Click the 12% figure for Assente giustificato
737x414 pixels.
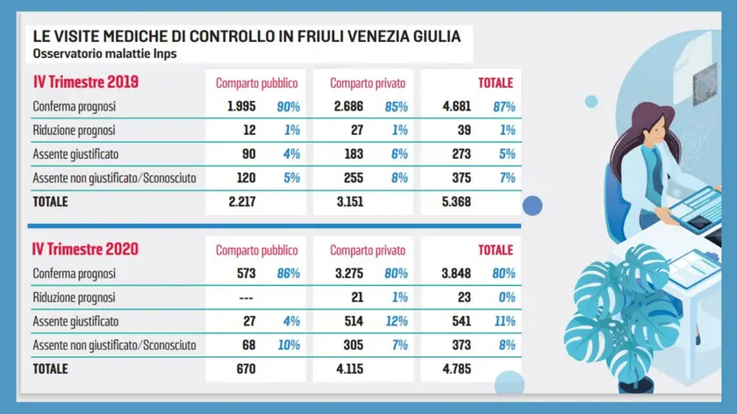397,321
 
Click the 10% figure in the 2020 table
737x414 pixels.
288,345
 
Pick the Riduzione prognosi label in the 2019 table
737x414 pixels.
75,130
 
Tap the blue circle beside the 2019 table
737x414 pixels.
532,205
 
